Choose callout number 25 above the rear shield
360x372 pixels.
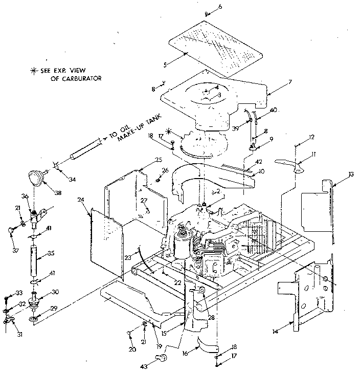[x=145, y=159]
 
